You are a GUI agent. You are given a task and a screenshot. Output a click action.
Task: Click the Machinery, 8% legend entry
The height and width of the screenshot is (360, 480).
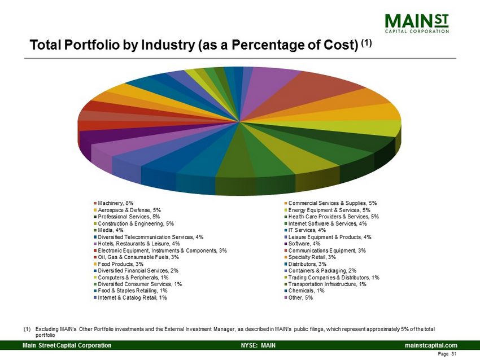tap(116, 203)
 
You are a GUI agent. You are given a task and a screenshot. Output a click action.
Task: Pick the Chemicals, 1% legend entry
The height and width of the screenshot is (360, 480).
tap(306, 291)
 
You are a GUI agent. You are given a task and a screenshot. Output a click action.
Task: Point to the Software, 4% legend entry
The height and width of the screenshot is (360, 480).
tap(305, 243)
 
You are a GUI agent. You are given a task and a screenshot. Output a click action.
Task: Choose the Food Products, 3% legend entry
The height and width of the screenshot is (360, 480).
tap(120, 264)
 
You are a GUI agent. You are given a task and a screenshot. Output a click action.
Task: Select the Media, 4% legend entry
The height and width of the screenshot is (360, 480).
tap(110, 230)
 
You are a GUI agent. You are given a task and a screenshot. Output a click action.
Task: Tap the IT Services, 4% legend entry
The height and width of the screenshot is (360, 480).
tap(307, 230)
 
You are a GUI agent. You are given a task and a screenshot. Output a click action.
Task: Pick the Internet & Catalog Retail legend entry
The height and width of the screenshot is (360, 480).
tap(132, 298)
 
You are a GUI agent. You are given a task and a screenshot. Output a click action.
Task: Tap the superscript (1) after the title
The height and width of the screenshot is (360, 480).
tap(366, 42)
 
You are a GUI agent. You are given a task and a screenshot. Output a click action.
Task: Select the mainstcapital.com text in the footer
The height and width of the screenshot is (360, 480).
tap(429, 345)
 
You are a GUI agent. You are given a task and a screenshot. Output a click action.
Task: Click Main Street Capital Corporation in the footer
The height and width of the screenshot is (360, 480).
tap(67, 345)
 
